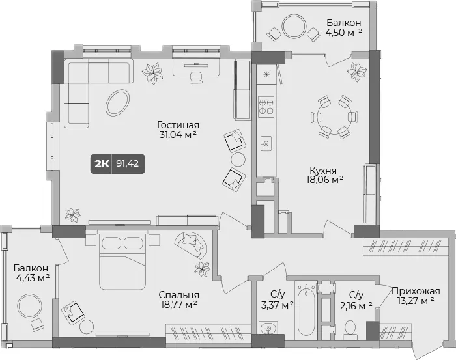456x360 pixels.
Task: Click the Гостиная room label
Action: [178, 125]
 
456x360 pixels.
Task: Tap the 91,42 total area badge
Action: [128, 163]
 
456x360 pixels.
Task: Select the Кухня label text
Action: [323, 170]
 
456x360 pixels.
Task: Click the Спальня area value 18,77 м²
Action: [178, 305]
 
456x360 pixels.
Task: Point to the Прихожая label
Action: [416, 290]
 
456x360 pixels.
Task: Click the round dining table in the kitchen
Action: [334, 117]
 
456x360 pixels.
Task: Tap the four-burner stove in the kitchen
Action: [266, 106]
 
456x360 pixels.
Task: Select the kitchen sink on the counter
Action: [266, 143]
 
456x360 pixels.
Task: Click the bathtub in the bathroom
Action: [306, 310]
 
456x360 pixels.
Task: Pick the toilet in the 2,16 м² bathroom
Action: [350, 330]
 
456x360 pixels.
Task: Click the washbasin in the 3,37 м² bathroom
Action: [268, 328]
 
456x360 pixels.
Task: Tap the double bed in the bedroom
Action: [122, 261]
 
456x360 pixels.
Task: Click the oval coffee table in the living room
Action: [117, 103]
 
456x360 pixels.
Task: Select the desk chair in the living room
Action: [195, 77]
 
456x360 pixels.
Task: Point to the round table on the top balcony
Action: [294, 27]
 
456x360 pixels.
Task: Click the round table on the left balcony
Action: [29, 306]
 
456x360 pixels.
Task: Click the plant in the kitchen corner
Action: [357, 72]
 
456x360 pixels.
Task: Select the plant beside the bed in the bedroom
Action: [203, 269]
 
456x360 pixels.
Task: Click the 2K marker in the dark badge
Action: [102, 164]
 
